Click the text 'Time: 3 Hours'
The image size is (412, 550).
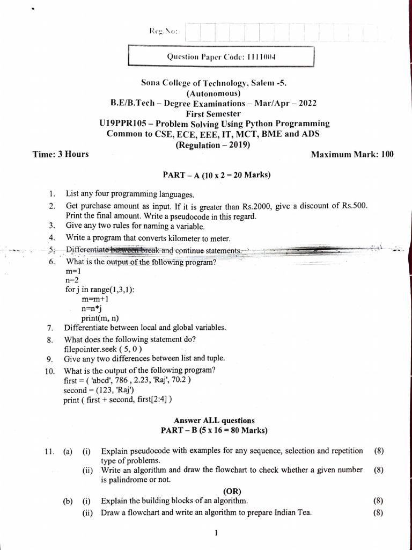[x=61, y=155]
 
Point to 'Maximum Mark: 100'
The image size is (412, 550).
[x=352, y=155]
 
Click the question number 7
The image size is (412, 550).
[x=50, y=328]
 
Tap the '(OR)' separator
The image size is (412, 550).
[x=232, y=491]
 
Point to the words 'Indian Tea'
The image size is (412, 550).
[x=292, y=512]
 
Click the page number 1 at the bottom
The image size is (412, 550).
[x=215, y=533]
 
